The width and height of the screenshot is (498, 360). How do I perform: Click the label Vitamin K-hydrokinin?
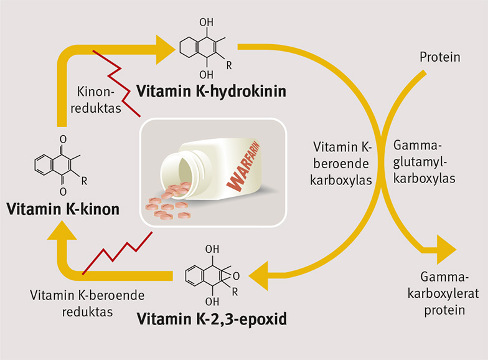212,92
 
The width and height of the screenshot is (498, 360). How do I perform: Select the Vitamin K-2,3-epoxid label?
212,320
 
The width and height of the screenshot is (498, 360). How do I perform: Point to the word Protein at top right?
439,58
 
